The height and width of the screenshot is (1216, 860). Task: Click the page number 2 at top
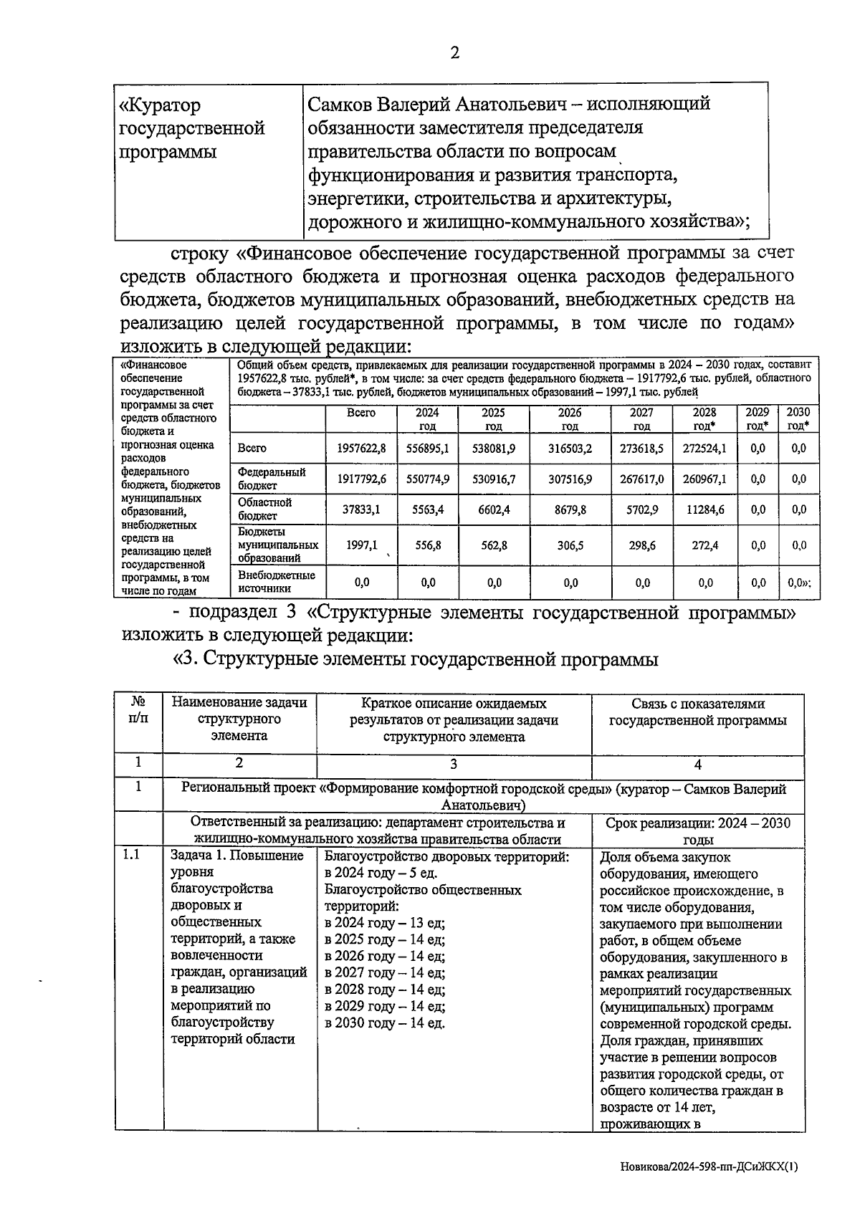[454, 53]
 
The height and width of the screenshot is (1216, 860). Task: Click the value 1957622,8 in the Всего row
[361, 448]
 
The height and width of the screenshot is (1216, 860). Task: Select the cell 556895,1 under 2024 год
[428, 448]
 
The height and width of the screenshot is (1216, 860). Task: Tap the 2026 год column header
[570, 419]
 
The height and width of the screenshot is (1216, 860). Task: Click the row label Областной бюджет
[265, 509]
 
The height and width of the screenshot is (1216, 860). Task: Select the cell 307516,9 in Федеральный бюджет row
[570, 479]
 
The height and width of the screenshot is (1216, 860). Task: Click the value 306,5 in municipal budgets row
[570, 545]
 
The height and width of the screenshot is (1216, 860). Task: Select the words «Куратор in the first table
[160, 106]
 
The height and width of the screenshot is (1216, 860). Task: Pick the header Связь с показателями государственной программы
[697, 712]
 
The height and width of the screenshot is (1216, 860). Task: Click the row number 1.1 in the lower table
[132, 855]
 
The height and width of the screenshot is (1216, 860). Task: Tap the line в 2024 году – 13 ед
[384, 923]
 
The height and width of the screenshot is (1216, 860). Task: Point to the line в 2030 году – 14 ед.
[384, 1023]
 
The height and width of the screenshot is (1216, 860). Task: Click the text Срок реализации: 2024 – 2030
[697, 823]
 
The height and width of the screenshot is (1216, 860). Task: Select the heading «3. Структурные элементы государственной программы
[415, 659]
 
